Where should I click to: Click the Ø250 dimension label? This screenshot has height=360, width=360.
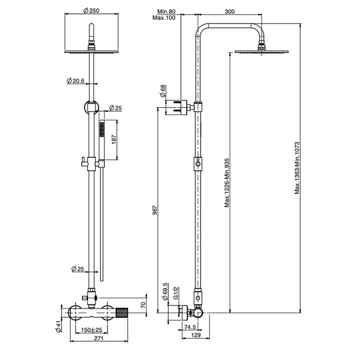[92, 11]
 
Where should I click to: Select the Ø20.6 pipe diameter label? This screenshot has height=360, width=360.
[76, 81]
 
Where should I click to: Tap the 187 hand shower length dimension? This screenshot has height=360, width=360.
[114, 139]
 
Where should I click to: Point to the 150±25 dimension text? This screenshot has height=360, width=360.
[92, 330]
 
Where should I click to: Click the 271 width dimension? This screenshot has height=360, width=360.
[99, 338]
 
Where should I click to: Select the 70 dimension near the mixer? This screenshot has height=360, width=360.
[143, 305]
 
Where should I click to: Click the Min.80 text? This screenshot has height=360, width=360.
[166, 11]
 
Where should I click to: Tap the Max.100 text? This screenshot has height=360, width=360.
[164, 17]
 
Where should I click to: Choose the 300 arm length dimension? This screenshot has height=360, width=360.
[229, 11]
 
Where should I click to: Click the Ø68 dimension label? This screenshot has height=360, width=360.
[163, 91]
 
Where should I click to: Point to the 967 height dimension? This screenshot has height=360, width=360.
[155, 210]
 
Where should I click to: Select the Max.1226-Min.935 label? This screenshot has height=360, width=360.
[227, 183]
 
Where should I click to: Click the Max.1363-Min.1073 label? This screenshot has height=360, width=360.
[297, 168]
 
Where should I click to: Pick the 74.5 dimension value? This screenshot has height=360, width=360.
[190, 327]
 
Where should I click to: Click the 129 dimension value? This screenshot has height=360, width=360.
[196, 335]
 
